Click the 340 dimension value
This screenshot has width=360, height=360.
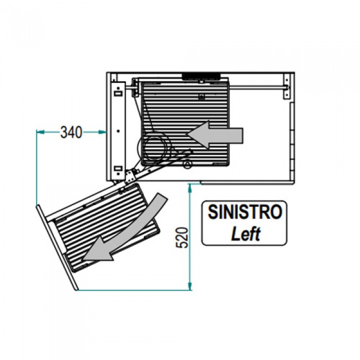(x=71, y=132)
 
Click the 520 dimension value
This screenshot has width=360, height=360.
(x=182, y=238)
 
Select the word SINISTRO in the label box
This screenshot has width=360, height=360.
(x=245, y=212)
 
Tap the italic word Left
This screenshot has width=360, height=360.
(x=246, y=233)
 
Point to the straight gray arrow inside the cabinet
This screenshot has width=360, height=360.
(x=214, y=135)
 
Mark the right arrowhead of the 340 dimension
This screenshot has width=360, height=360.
(x=103, y=132)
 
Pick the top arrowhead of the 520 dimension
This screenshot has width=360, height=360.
(x=190, y=188)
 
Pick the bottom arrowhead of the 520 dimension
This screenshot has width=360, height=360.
(x=190, y=286)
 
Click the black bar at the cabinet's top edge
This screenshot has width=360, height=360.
(x=201, y=77)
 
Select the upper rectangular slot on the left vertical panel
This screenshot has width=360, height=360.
(x=118, y=94)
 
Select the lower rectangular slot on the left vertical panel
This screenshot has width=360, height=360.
(x=118, y=168)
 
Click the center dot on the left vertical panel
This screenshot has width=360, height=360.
(x=118, y=131)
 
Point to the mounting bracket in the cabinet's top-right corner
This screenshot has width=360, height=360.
(x=286, y=86)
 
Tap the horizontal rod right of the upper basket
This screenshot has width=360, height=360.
(x=258, y=87)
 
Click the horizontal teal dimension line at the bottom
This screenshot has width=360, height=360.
(x=134, y=291)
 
